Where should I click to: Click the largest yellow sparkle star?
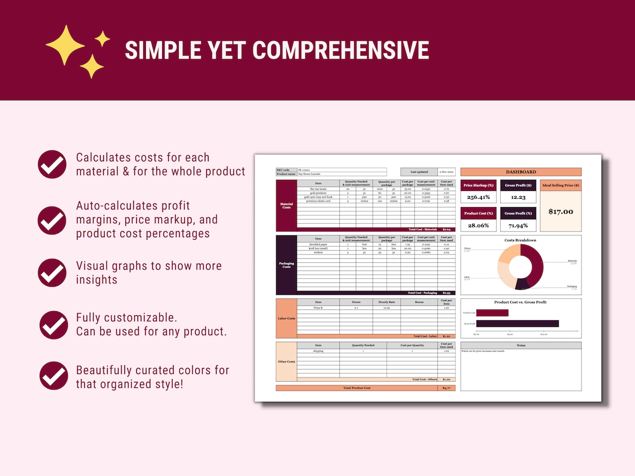[x=65, y=45]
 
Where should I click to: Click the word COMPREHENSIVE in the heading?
[x=341, y=51]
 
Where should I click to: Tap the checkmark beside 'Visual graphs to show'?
[x=52, y=273]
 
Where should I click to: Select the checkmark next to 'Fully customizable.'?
[x=54, y=325]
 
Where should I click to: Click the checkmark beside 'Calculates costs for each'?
[x=52, y=164]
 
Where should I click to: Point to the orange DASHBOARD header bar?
[x=521, y=172]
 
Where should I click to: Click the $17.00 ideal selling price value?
[x=560, y=212]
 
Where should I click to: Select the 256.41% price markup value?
[x=478, y=197]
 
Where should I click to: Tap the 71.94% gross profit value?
[x=518, y=225]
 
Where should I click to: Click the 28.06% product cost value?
[x=478, y=225]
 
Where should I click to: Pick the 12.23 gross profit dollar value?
[x=518, y=197]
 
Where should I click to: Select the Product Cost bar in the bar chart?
[x=492, y=313]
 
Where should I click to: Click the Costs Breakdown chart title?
[x=520, y=240]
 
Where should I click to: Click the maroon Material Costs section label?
[x=286, y=205]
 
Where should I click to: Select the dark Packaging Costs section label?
[x=286, y=265]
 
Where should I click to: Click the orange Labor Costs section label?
[x=286, y=318]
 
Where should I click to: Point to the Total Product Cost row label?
[x=356, y=387]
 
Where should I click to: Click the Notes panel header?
[x=521, y=345]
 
